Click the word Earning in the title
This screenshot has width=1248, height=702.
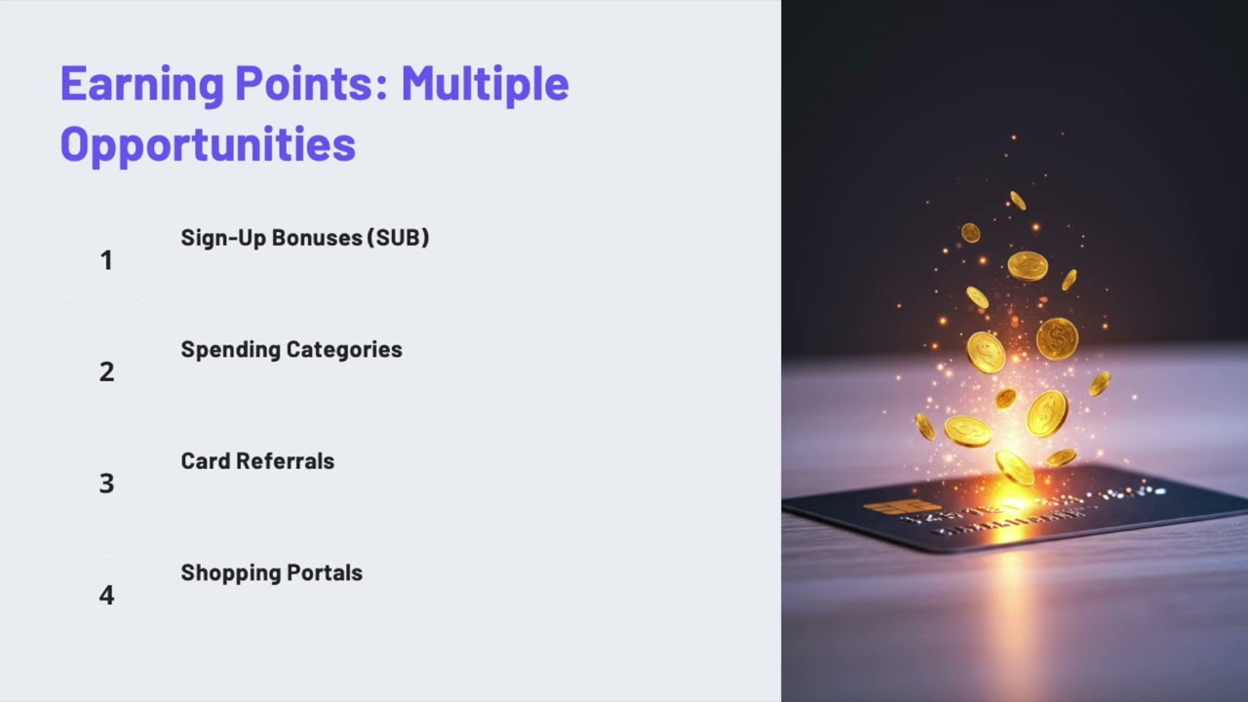pos(141,84)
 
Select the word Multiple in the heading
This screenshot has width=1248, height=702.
pos(485,84)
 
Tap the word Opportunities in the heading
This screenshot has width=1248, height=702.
pos(208,144)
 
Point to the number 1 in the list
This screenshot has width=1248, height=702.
pos(106,260)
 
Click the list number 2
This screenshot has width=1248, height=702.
pos(106,371)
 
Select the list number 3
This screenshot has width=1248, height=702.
pos(106,484)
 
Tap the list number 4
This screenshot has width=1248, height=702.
pos(106,596)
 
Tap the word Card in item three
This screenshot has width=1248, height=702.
pos(204,461)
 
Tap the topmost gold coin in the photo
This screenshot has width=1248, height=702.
pos(1017,200)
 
